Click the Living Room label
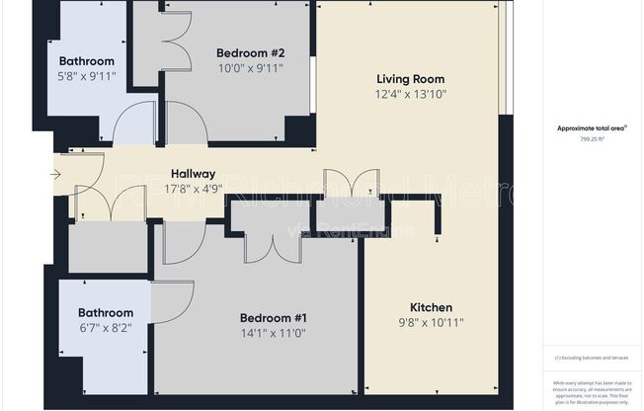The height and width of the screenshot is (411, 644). pyautogui.click(x=410, y=79)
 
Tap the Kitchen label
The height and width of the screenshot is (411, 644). pyautogui.click(x=432, y=307)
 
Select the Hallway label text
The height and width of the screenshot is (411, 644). pyautogui.click(x=193, y=174)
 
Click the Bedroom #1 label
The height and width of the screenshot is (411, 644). pyautogui.click(x=274, y=318)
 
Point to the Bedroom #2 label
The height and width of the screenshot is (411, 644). pyautogui.click(x=251, y=53)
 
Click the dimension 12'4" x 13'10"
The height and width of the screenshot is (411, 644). pyautogui.click(x=410, y=94)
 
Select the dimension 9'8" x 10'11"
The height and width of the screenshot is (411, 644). pyautogui.click(x=432, y=322)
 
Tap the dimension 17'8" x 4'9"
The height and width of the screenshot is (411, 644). pyautogui.click(x=193, y=189)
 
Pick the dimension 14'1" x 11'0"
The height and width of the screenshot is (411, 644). pyautogui.click(x=274, y=333)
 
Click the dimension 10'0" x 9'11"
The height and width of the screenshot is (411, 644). pyautogui.click(x=251, y=68)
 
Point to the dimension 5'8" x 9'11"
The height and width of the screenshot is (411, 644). pyautogui.click(x=86, y=75)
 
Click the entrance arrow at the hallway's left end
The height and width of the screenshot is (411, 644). pyautogui.click(x=55, y=176)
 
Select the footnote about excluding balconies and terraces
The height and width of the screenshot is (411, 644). pyautogui.click(x=591, y=357)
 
